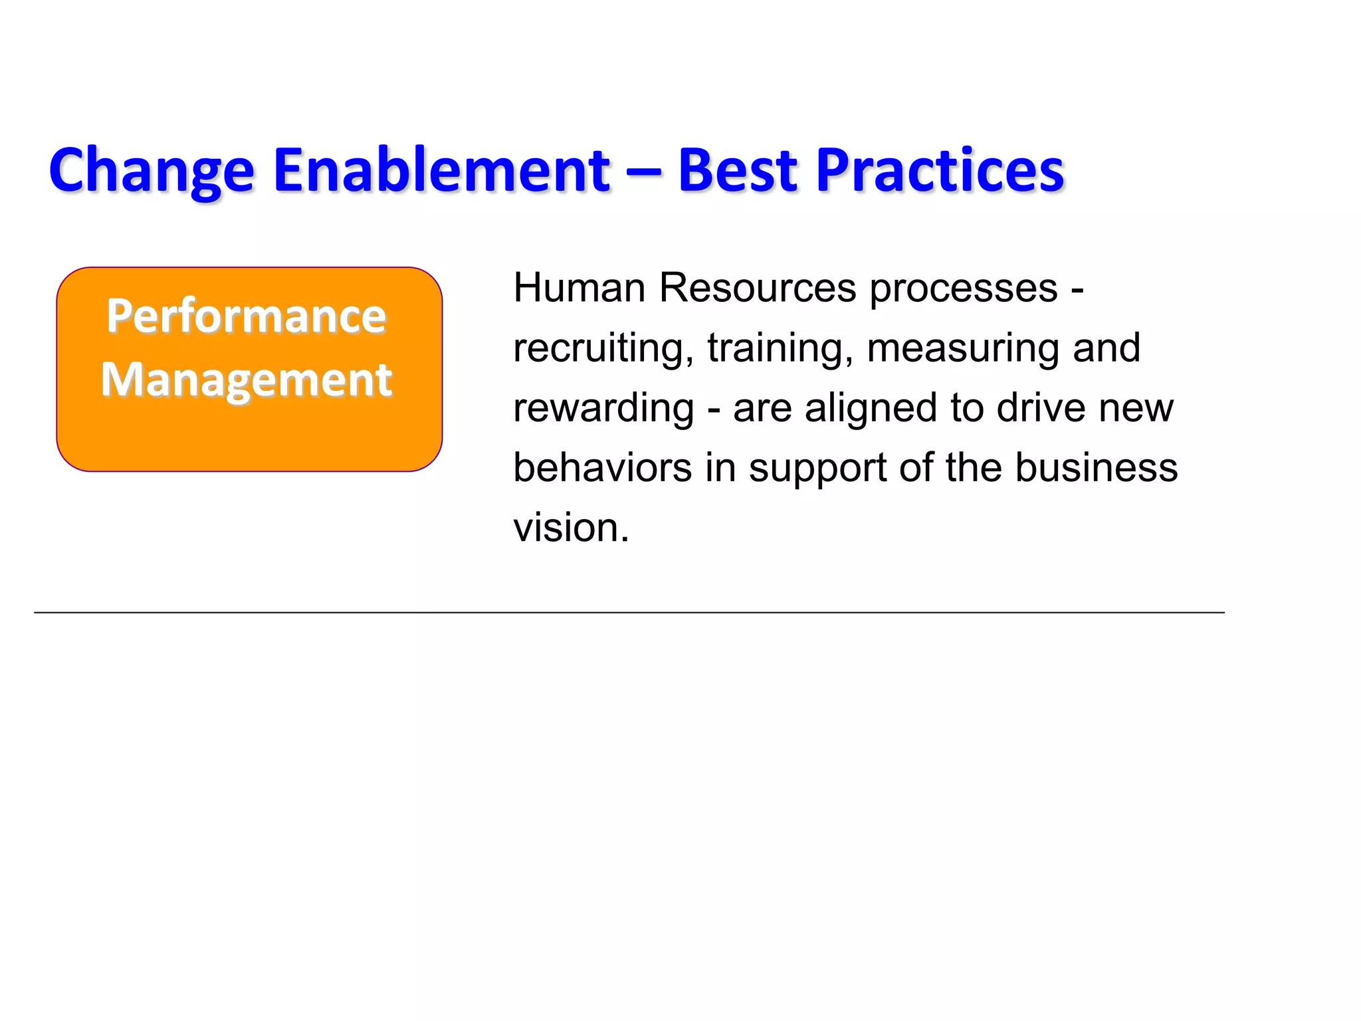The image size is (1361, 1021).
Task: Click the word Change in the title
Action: [152, 171]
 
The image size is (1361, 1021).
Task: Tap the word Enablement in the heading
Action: [441, 170]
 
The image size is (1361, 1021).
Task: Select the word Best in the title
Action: [737, 170]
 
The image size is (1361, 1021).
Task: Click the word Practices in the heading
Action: [940, 170]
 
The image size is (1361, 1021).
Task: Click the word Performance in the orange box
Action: [246, 316]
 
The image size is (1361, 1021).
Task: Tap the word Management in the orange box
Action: [247, 380]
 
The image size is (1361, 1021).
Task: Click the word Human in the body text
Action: [579, 288]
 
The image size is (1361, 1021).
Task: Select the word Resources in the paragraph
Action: [758, 288]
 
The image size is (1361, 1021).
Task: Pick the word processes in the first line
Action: [964, 290]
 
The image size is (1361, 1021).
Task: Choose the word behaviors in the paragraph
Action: [602, 468]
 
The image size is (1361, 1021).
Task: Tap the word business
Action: [1097, 468]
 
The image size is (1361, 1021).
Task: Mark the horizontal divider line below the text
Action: [629, 612]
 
